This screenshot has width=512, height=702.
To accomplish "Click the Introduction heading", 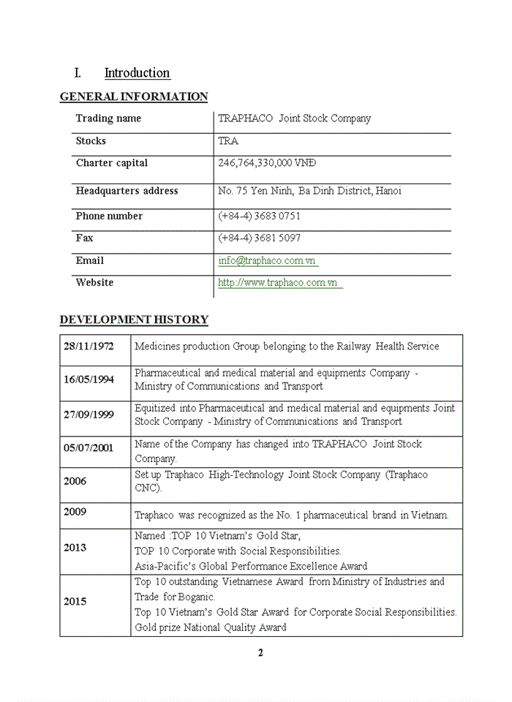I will pos(137,73).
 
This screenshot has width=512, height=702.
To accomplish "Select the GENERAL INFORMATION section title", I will pos(133,97).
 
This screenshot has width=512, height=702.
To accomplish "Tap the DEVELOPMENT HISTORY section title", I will pos(133,320).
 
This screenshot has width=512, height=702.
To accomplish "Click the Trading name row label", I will pos(108,118).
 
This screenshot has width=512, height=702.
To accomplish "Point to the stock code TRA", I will pos(228,141).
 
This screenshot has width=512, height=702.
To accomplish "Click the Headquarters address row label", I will pos(127,191).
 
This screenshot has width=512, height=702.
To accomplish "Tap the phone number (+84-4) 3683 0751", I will pos(259,216).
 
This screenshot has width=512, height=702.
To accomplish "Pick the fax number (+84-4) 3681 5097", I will pos(259,238).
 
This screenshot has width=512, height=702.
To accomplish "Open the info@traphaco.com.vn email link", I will pos(267,261).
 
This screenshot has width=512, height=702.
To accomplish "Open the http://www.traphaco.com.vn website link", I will pos(279,283).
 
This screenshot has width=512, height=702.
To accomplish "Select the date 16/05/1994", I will pos(89,380).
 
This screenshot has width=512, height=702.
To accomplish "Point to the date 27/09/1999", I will pos(89,415).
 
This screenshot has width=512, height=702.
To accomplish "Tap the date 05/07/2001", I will pos(89,448).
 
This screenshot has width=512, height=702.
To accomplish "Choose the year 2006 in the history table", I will pos(75,481).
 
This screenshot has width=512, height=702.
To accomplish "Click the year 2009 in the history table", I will pos(75,512).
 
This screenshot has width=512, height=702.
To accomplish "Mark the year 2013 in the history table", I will pos(75,548).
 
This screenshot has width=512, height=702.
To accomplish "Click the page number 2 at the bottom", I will pos(260,653).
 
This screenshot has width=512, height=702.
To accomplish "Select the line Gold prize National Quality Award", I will pos(210,627).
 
